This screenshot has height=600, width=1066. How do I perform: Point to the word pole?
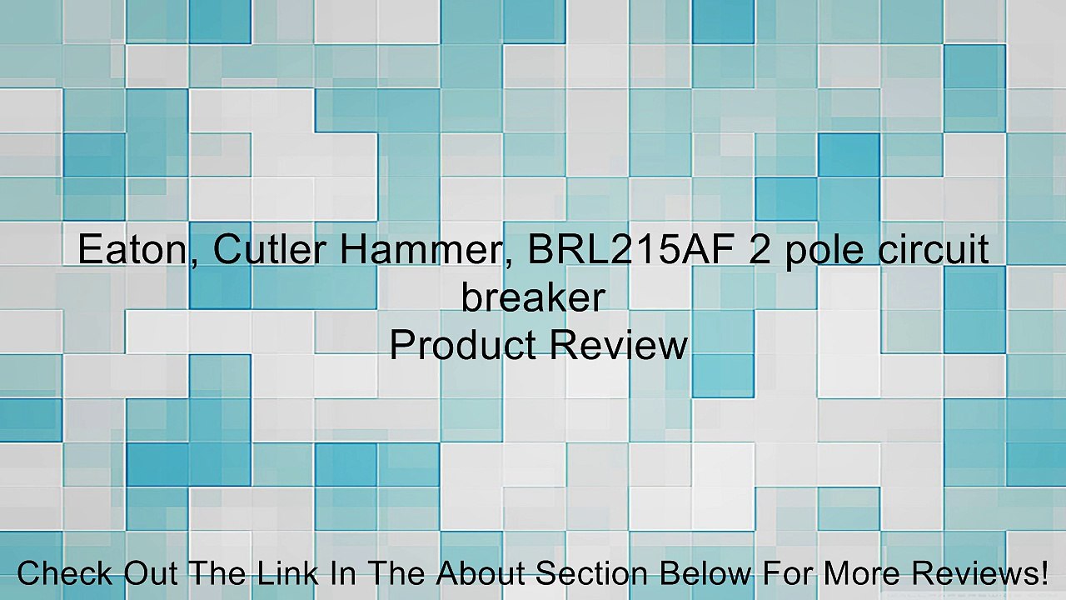824,252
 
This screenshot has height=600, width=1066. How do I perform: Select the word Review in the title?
619,344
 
